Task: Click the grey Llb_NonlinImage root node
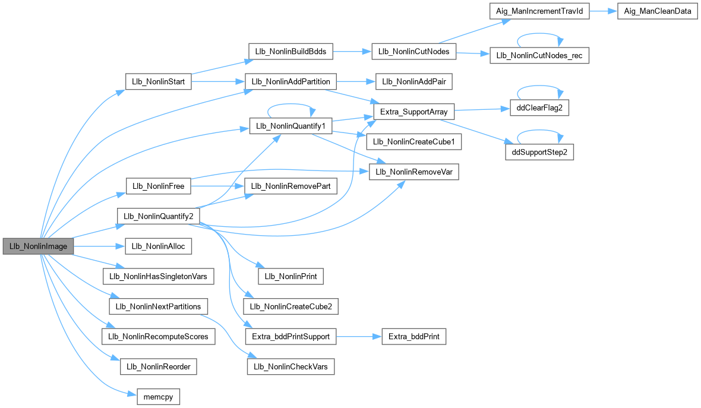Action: pos(38,246)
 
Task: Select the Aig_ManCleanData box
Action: pos(656,12)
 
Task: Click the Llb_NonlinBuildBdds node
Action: pos(289,52)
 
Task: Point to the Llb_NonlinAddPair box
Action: pos(413,81)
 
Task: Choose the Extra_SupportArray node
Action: pos(413,111)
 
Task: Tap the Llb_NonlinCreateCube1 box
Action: pos(414,142)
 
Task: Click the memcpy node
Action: pos(157,396)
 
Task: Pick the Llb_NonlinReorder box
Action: pos(158,366)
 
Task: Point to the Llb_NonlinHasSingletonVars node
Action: pos(158,276)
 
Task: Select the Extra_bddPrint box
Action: pos(413,337)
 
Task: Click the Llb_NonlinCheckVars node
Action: pos(290,366)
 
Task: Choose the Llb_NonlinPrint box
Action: pos(290,276)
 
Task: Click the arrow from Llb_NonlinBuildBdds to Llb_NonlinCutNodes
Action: pos(351,52)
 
